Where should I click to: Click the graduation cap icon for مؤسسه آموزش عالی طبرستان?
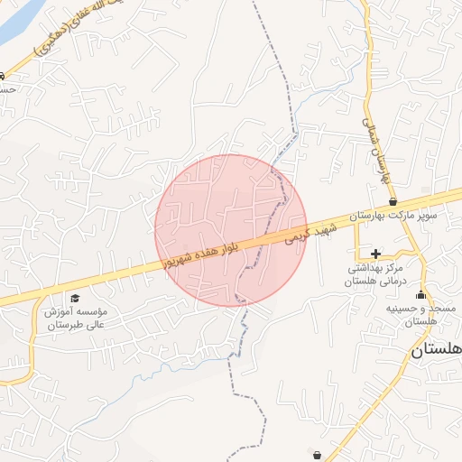click(75, 298)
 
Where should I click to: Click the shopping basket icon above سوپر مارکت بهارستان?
click(393, 201)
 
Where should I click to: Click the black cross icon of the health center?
click(375, 254)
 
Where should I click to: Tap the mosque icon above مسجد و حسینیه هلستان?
click(420, 295)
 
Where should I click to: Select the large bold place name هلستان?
click(437, 350)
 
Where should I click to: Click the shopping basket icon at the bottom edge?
click(314, 452)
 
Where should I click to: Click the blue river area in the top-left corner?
click(16, 23)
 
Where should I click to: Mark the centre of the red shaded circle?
click(231, 230)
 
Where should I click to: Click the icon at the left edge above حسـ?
click(3, 76)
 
